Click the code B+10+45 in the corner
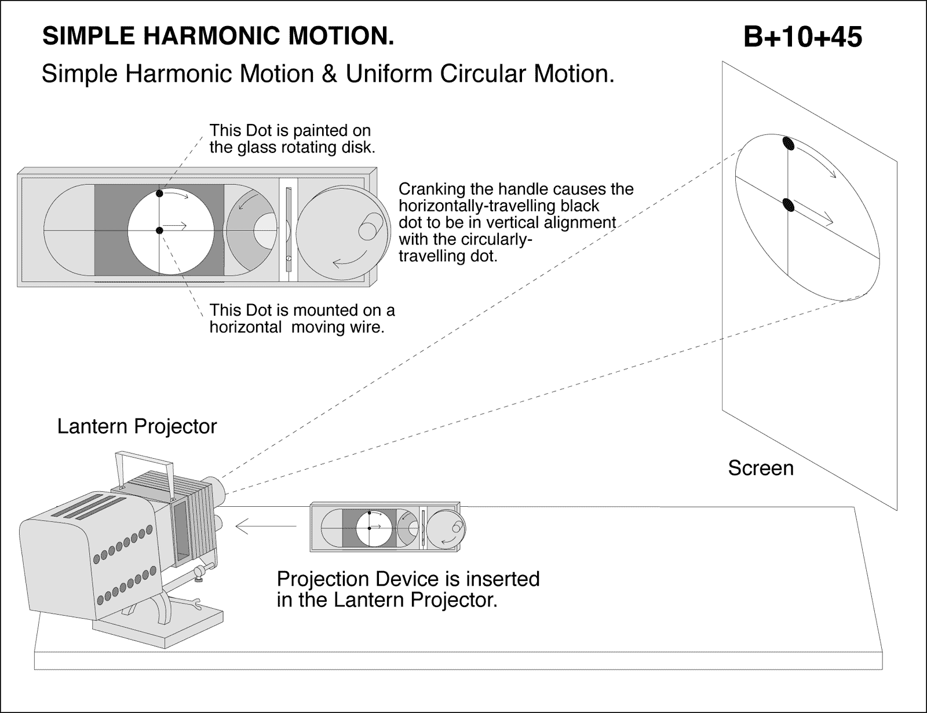[x=802, y=38]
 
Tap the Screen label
[x=760, y=468]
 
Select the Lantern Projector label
[x=137, y=426]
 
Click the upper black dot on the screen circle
[x=788, y=143]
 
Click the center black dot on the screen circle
[x=788, y=204]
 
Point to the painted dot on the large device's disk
[x=160, y=194]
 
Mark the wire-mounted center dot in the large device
[x=160, y=231]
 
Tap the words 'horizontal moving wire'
[x=297, y=327]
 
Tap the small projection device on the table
[x=387, y=527]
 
